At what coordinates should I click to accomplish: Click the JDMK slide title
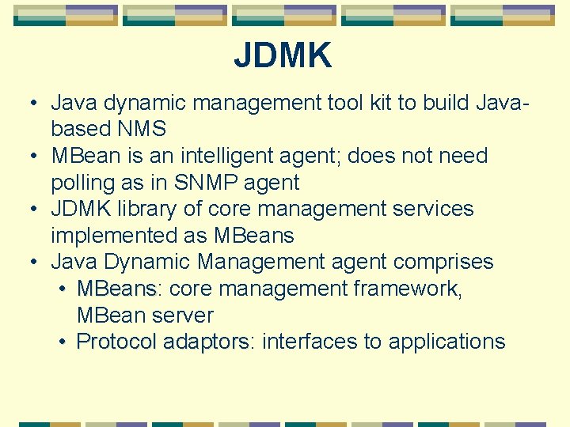pos(283,56)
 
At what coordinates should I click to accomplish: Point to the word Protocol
pos(116,342)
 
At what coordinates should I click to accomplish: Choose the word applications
pos(446,342)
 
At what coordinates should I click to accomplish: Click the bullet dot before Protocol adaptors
pos(63,342)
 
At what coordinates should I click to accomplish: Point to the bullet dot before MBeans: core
pos(63,289)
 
